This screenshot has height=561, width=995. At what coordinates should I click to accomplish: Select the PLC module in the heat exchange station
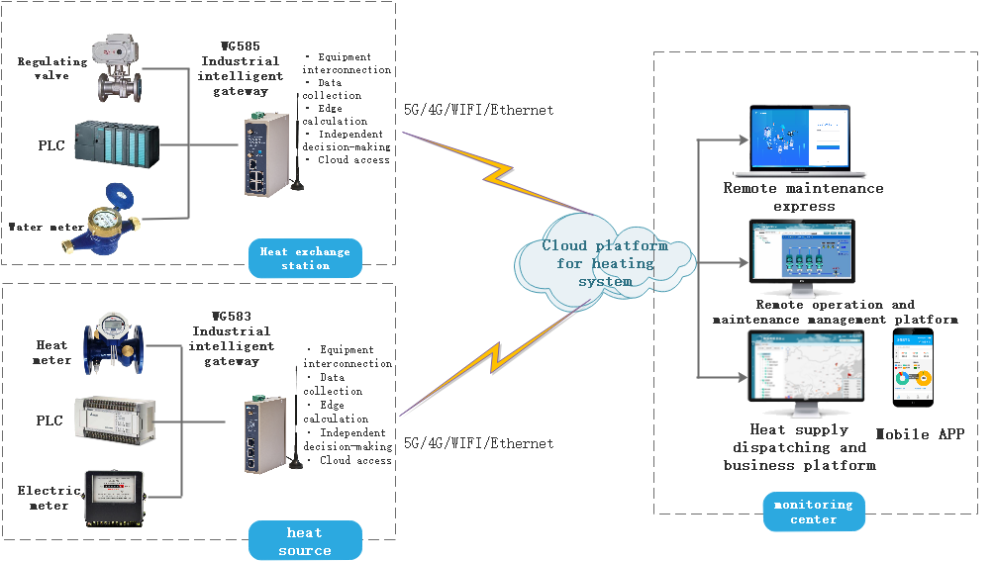pyautogui.click(x=118, y=145)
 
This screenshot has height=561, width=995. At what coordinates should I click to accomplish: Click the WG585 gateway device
pyautogui.click(x=268, y=150)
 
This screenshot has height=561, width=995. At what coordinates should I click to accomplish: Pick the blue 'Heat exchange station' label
pyautogui.click(x=305, y=258)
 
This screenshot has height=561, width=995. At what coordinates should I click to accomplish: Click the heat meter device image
pyautogui.click(x=113, y=344)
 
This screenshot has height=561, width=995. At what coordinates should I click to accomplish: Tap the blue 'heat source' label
pyautogui.click(x=305, y=541)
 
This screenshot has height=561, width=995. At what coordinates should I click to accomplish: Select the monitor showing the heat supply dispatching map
pyautogui.click(x=805, y=373)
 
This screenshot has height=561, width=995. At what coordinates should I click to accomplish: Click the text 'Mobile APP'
pyautogui.click(x=919, y=433)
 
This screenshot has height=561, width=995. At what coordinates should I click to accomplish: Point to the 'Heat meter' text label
pyautogui.click(x=52, y=352)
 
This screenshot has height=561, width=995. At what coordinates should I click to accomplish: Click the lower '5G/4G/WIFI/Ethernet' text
pyautogui.click(x=478, y=443)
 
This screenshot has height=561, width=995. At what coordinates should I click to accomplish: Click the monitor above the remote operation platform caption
pyautogui.click(x=802, y=258)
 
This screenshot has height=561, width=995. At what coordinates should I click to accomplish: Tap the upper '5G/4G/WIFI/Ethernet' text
pyautogui.click(x=478, y=110)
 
